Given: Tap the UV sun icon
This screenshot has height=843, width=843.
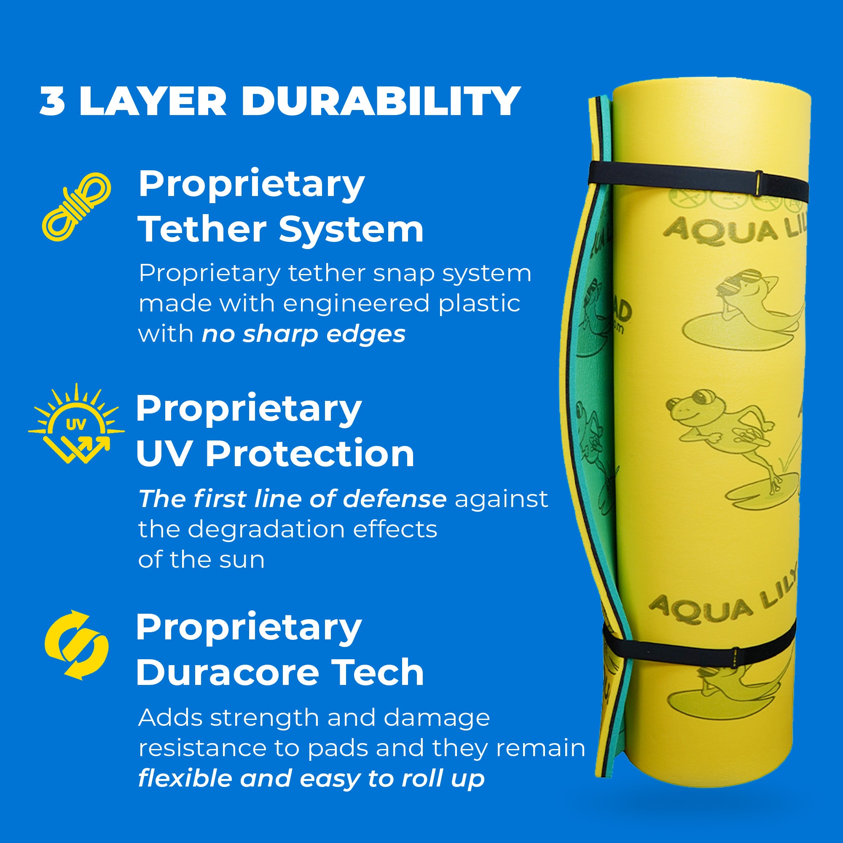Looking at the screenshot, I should click(76, 424).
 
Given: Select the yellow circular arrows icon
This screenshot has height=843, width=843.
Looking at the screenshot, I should click(77, 645).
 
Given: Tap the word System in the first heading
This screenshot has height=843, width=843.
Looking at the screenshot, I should click(351, 230).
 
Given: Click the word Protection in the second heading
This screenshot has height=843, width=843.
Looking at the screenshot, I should click(310, 454).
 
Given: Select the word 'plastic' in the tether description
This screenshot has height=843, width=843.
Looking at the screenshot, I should click(479, 303).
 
